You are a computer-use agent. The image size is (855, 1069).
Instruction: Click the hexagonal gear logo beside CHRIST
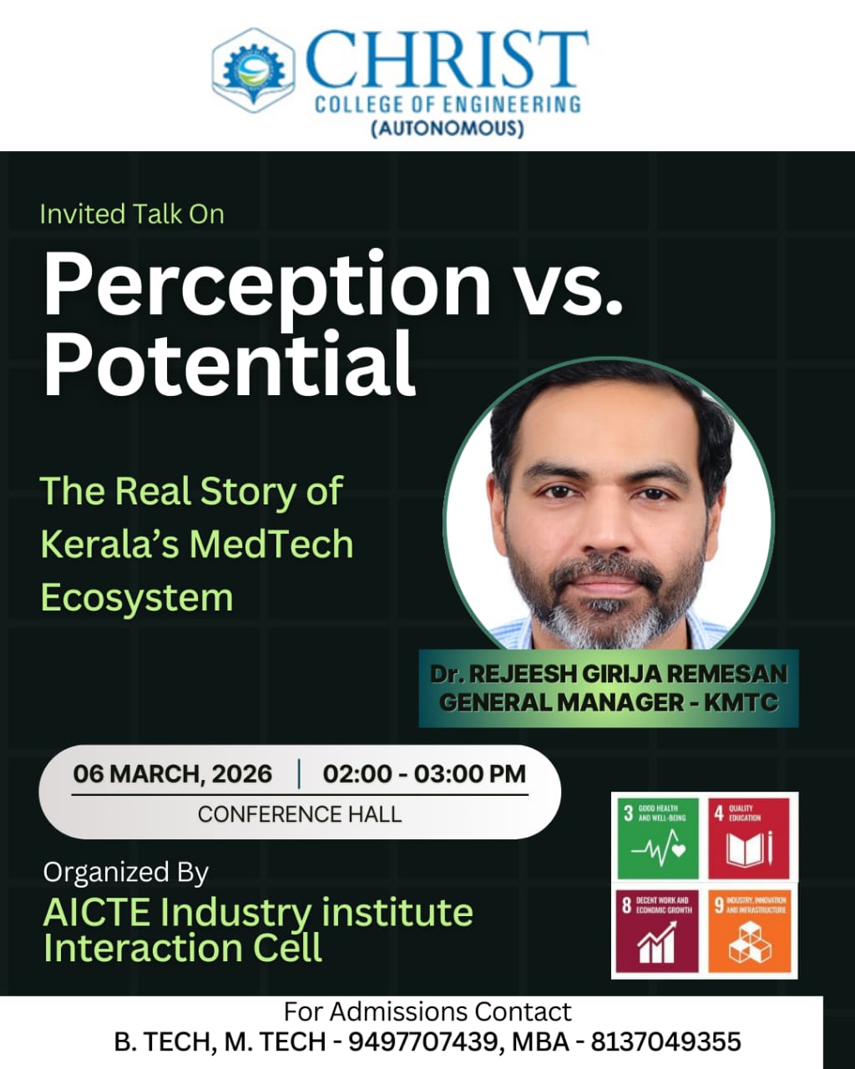[254, 70]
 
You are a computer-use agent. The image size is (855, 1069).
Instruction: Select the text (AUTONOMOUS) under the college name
[448, 129]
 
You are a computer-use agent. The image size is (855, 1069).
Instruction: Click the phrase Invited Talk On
[132, 214]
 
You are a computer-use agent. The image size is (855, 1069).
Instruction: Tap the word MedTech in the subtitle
[271, 544]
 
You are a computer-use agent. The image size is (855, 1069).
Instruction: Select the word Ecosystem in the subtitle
[137, 598]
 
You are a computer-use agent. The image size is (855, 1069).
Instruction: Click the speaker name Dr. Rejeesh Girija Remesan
[609, 674]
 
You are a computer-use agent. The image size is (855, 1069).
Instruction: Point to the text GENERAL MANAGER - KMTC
[609, 702]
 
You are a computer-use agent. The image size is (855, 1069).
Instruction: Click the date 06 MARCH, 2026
[172, 774]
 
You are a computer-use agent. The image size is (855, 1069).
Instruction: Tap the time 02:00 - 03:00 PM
[424, 774]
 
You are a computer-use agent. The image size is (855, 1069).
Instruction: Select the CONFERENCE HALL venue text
[300, 814]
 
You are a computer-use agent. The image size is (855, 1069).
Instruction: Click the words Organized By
[126, 872]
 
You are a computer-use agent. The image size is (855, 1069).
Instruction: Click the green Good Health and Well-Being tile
[658, 838]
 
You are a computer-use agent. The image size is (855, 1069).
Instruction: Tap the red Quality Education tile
[749, 838]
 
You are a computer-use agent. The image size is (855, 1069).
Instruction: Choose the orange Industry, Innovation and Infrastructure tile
[749, 930]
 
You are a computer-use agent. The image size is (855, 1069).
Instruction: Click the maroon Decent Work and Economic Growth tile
[657, 930]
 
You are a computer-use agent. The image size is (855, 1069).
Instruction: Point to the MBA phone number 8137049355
[665, 1041]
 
